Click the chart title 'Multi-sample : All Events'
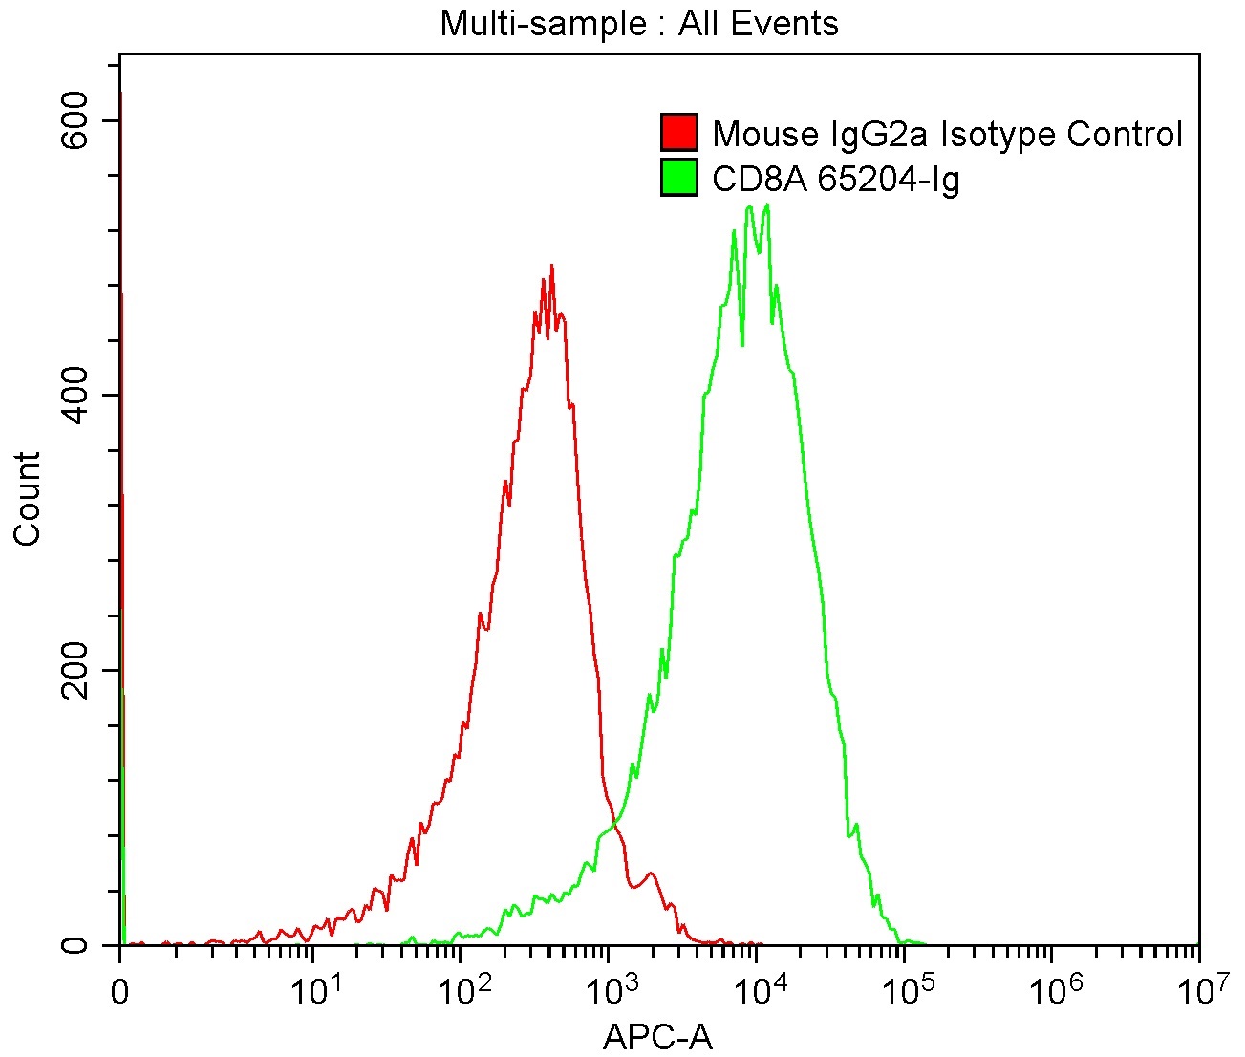pyautogui.click(x=638, y=23)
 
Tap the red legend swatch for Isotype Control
pyautogui.click(x=679, y=133)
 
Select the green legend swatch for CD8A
pyautogui.click(x=679, y=177)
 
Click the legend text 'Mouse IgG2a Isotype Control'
pyautogui.click(x=947, y=134)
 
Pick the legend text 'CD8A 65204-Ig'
pyautogui.click(x=836, y=178)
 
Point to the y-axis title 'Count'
pyautogui.click(x=28, y=499)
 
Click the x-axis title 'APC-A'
pyautogui.click(x=658, y=1036)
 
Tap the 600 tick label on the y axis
pyautogui.click(x=76, y=120)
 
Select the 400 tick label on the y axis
pyautogui.click(x=76, y=396)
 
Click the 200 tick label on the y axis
pyautogui.click(x=76, y=670)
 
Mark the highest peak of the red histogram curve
pyautogui.click(x=551, y=266)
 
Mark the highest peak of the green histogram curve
pyautogui.click(x=767, y=205)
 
